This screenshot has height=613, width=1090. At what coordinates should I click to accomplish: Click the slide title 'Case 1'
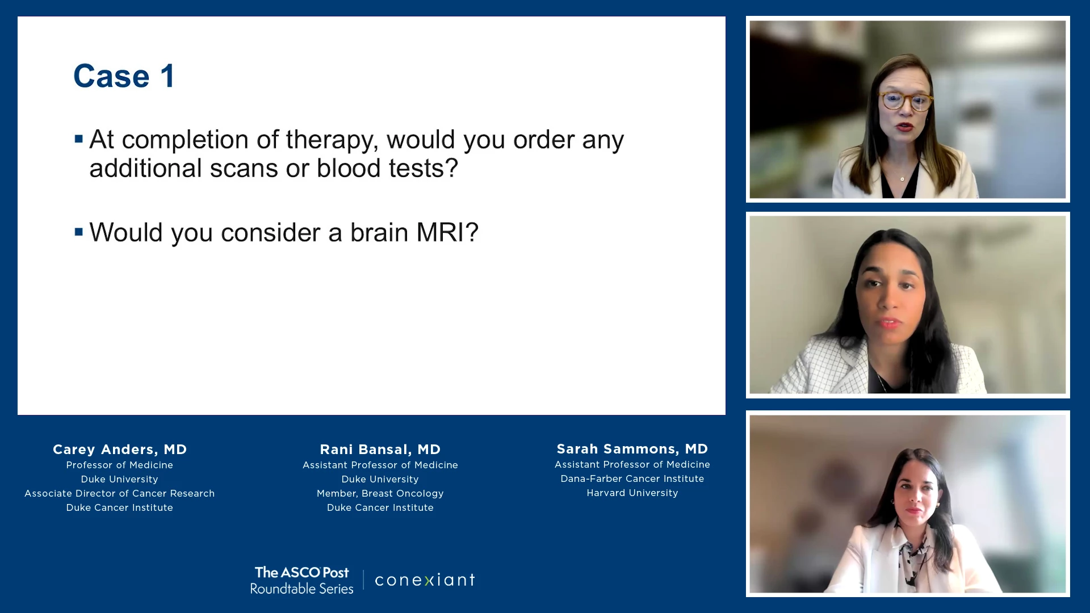click(124, 76)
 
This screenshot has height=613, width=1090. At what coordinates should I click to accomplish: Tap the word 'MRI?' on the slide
click(447, 233)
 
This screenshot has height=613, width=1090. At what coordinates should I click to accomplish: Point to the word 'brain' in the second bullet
click(379, 233)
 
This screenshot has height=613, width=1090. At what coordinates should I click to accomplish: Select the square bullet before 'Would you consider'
click(79, 232)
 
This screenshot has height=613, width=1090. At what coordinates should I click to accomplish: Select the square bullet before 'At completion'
click(79, 138)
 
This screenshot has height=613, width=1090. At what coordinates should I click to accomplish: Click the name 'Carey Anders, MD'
click(120, 450)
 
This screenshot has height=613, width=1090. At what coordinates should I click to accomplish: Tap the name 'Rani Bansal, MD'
click(380, 450)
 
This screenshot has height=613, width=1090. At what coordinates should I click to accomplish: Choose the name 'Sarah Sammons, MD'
click(632, 449)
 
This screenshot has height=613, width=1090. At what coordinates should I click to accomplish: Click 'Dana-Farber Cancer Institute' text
click(632, 478)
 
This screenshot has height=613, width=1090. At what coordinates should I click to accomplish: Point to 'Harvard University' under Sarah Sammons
click(632, 493)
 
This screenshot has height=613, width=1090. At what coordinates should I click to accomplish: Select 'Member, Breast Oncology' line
click(380, 493)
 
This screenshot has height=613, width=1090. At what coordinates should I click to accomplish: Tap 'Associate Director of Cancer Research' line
click(120, 493)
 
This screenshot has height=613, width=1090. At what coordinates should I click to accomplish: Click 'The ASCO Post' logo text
click(302, 572)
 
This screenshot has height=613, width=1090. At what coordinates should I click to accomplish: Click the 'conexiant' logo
click(425, 580)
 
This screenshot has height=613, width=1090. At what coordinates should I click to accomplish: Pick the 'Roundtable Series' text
click(302, 589)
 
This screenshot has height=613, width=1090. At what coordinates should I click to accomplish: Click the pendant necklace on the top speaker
click(902, 179)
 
